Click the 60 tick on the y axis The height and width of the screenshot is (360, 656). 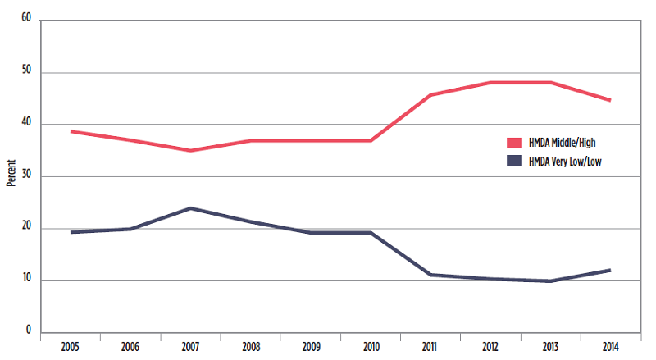(25, 19)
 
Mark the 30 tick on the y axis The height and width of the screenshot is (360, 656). (25, 175)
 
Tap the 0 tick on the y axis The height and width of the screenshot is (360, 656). (28, 332)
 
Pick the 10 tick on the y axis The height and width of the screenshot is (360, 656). (25, 280)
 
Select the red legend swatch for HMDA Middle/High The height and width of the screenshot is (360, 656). (515, 142)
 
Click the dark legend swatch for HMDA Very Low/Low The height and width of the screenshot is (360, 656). (515, 162)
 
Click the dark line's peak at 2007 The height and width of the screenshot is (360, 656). (190, 208)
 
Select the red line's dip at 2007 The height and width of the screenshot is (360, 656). (190, 151)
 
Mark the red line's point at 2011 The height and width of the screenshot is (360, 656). (430, 95)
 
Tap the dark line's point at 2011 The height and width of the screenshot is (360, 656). (430, 275)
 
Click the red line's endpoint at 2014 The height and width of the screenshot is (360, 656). (610, 100)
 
